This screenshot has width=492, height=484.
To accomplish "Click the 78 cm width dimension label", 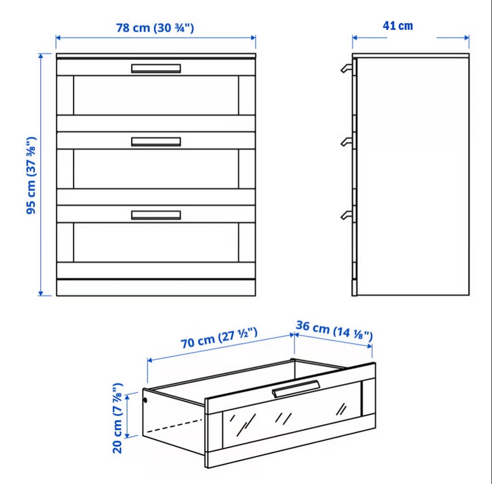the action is (155, 28).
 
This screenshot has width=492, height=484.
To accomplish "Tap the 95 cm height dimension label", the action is (31, 175).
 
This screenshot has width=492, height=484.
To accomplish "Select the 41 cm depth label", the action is (398, 26).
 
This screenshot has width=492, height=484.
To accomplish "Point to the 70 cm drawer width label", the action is (219, 338).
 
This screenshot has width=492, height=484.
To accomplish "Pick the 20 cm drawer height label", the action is (117, 418).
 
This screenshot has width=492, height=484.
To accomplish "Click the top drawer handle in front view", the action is (156, 68).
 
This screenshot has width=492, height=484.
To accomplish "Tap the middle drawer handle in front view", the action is (156, 142).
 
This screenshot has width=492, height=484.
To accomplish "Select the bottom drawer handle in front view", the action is (156, 215).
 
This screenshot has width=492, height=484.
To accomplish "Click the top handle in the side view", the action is (346, 68).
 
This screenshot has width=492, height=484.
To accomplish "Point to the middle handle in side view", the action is (346, 142).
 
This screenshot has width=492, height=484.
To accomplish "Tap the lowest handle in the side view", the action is (346, 215).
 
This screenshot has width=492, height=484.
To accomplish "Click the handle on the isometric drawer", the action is (296, 389).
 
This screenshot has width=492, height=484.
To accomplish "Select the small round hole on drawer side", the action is (145, 400).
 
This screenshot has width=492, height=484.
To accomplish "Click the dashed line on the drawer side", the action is (174, 426).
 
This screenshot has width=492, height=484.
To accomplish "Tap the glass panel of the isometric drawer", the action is (292, 414).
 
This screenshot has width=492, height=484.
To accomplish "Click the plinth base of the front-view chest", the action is (156, 288).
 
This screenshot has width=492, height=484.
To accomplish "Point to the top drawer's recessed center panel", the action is (156, 95).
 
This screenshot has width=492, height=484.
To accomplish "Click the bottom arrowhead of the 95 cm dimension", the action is (40, 293).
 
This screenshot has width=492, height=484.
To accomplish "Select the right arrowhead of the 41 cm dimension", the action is (467, 38).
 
